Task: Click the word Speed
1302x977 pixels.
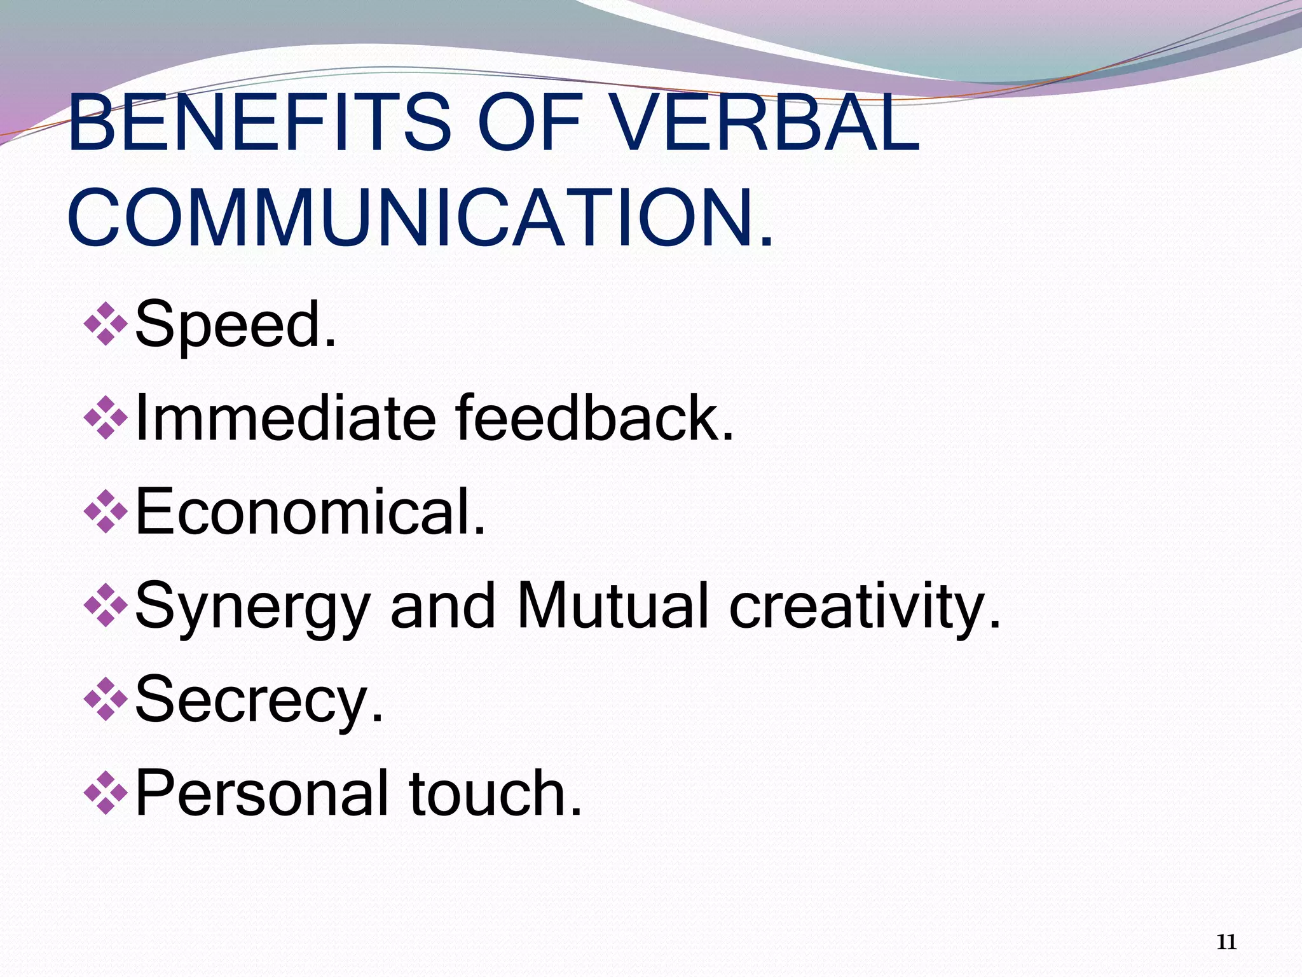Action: (x=235, y=324)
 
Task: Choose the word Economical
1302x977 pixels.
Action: (x=310, y=511)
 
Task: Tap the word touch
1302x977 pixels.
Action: (x=495, y=793)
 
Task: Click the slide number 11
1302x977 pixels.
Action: (x=1226, y=942)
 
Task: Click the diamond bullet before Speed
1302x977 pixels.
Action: (x=106, y=324)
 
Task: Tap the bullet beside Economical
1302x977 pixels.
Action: (x=106, y=511)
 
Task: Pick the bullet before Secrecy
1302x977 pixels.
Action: (x=106, y=699)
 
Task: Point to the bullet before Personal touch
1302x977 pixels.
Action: (x=106, y=793)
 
